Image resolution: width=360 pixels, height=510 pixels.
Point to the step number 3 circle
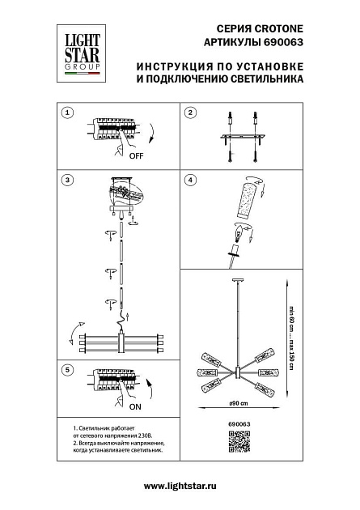pyautogui.click(x=68, y=179)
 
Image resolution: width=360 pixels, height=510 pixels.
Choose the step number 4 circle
pyautogui.click(x=191, y=179)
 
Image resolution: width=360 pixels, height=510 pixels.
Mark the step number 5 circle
pyautogui.click(x=68, y=370)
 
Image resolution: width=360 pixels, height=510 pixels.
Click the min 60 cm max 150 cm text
pyautogui.click(x=290, y=337)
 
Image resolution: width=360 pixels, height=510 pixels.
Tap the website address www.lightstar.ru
pyautogui.click(x=180, y=485)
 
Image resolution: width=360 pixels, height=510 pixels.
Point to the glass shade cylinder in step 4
pyautogui.click(x=251, y=201)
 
